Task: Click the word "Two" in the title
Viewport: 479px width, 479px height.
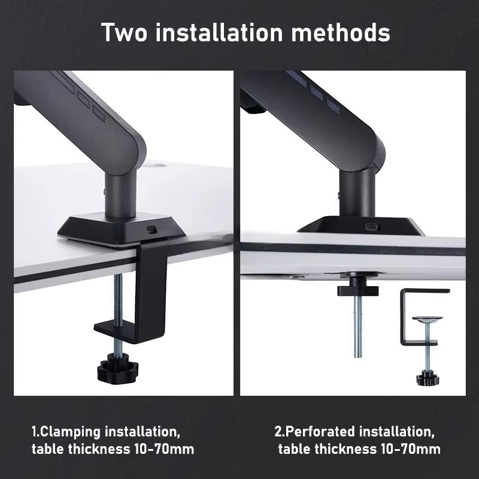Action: point(124,32)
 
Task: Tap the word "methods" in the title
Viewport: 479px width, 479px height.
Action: point(340,32)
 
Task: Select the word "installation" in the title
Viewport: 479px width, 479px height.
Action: point(219,32)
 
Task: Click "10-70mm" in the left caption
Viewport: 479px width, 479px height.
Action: point(164,449)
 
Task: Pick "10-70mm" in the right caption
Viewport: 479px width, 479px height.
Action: point(411,449)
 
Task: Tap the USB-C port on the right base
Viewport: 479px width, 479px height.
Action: point(372,228)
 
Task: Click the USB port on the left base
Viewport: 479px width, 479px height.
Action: point(151,229)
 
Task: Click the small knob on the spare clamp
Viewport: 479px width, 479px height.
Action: point(428,377)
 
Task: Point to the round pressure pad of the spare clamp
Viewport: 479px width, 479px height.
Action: point(427,319)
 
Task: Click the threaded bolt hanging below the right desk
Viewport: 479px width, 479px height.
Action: point(357,326)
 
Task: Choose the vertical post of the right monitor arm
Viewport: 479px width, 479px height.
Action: point(357,192)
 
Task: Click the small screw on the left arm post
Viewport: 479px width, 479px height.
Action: point(104,192)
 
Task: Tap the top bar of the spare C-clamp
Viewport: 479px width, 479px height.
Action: point(425,290)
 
